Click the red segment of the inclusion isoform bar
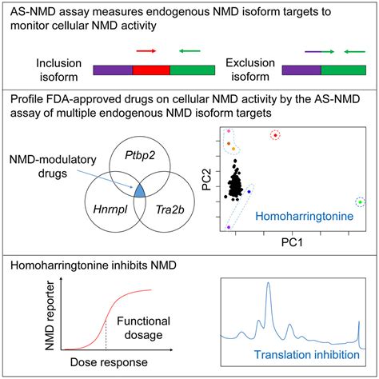[x=151, y=70]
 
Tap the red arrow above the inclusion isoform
[x=147, y=53]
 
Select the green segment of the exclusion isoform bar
[x=345, y=70]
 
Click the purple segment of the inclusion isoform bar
[x=112, y=70]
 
